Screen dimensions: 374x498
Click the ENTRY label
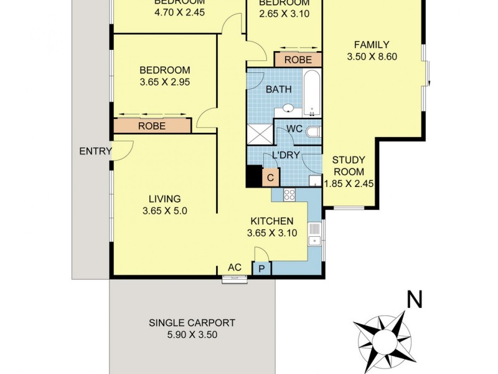95,151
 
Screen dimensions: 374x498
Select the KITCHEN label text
272,221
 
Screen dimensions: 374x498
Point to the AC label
235,267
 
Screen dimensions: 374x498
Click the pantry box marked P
261,269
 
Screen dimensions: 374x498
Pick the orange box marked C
271,177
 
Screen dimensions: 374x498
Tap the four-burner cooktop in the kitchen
289,194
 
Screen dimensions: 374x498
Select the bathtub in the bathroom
311,93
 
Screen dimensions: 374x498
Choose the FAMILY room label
372,44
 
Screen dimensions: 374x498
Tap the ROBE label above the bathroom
298,60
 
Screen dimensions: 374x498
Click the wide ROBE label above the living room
152,125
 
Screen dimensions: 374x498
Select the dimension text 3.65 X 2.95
164,82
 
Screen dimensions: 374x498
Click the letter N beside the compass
413,300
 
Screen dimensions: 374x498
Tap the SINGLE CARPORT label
192,323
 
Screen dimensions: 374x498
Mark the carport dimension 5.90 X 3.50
192,335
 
